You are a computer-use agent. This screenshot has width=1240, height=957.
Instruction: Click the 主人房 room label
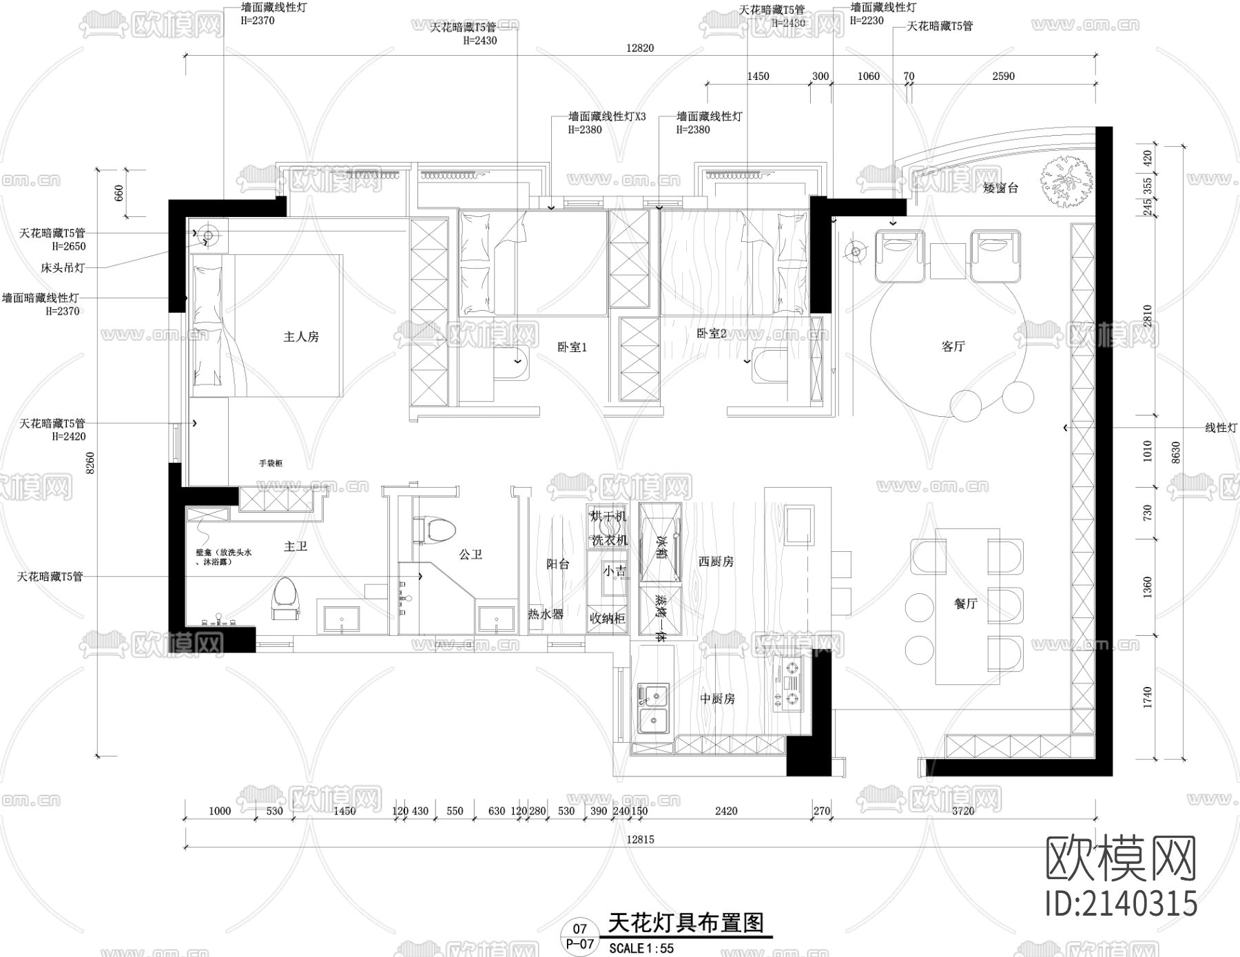[301, 337]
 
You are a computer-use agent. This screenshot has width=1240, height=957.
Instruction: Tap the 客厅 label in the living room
[953, 347]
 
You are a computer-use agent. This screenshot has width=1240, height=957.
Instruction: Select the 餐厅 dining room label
[966, 604]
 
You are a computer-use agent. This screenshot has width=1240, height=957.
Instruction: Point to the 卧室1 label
[572, 347]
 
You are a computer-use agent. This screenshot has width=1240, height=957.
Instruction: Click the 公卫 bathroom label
[471, 554]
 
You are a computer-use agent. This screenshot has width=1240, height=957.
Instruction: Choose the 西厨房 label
[716, 562]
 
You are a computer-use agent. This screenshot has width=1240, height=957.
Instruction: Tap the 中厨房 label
[717, 699]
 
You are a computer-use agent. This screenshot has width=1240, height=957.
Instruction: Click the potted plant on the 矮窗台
[1066, 178]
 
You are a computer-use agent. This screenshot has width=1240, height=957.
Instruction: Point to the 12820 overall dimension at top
[640, 48]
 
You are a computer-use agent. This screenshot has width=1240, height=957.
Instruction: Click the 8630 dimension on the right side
[1176, 452]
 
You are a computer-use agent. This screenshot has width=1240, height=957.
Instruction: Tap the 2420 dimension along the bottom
[726, 811]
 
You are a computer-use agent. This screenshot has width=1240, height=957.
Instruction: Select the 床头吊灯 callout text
[63, 267]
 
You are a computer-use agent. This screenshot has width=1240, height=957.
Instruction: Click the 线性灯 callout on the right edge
[1221, 428]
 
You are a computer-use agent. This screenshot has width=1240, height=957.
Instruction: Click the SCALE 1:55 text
[641, 949]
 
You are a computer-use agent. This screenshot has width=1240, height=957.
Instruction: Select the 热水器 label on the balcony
[546, 614]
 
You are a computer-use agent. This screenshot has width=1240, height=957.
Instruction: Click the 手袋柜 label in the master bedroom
[271, 464]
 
